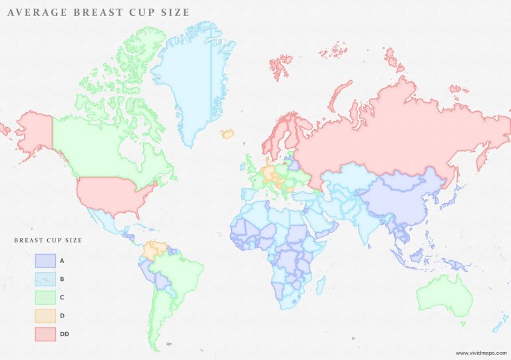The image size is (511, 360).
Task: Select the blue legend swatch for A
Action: tap(44, 260)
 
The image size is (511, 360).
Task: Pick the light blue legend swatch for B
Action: tap(44, 279)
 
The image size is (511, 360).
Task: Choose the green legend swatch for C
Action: tap(44, 297)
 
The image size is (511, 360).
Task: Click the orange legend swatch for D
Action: tap(44, 315)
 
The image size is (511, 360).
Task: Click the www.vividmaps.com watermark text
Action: tap(480, 353)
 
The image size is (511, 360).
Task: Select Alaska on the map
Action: tap(33, 130)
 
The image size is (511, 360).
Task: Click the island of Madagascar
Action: tap(321, 286)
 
